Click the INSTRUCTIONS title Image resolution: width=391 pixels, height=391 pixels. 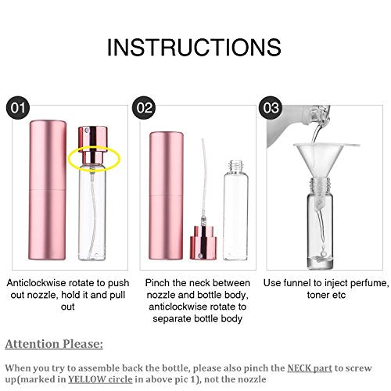(194, 47)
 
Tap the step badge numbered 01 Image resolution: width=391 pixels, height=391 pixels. (18, 108)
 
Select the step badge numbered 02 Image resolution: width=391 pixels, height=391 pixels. (144, 108)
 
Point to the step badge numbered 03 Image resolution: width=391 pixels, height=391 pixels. (271, 108)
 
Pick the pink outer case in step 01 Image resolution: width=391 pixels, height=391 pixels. (48, 190)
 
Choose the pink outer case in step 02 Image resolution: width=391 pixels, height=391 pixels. (166, 195)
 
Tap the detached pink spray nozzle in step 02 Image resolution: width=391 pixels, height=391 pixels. (203, 242)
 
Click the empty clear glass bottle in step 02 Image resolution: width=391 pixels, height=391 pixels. (235, 210)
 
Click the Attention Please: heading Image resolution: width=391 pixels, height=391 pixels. (54, 344)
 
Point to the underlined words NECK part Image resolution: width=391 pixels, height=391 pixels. (310, 368)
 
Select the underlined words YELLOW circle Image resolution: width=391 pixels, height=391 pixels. (100, 379)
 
